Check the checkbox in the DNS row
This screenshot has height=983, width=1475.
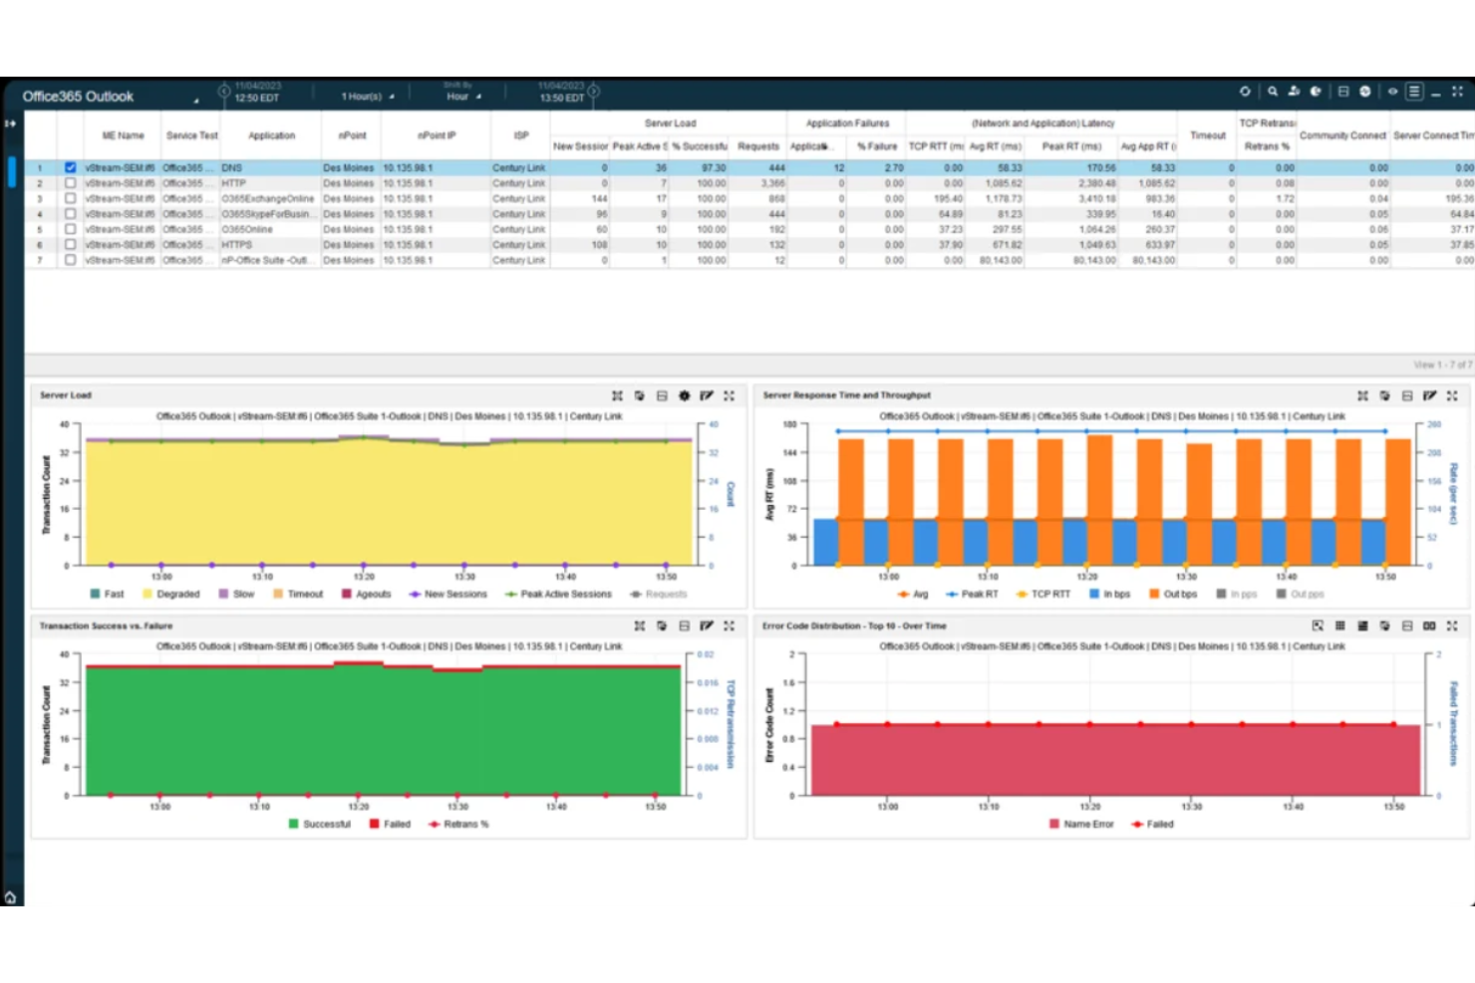[71, 167]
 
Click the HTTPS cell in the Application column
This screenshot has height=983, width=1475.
[237, 244]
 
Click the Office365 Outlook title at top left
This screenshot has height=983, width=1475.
[78, 97]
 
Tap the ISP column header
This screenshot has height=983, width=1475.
[521, 135]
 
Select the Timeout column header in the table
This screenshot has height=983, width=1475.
[1207, 135]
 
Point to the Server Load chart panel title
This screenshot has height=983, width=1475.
[66, 395]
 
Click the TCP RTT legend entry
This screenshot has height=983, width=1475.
[1049, 595]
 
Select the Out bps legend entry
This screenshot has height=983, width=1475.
[1179, 595]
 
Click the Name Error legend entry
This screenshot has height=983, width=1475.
[1087, 825]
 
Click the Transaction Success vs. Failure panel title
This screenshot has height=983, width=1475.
[106, 626]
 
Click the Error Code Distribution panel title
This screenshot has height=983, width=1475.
[854, 626]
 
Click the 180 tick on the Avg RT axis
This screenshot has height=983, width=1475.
[790, 424]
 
